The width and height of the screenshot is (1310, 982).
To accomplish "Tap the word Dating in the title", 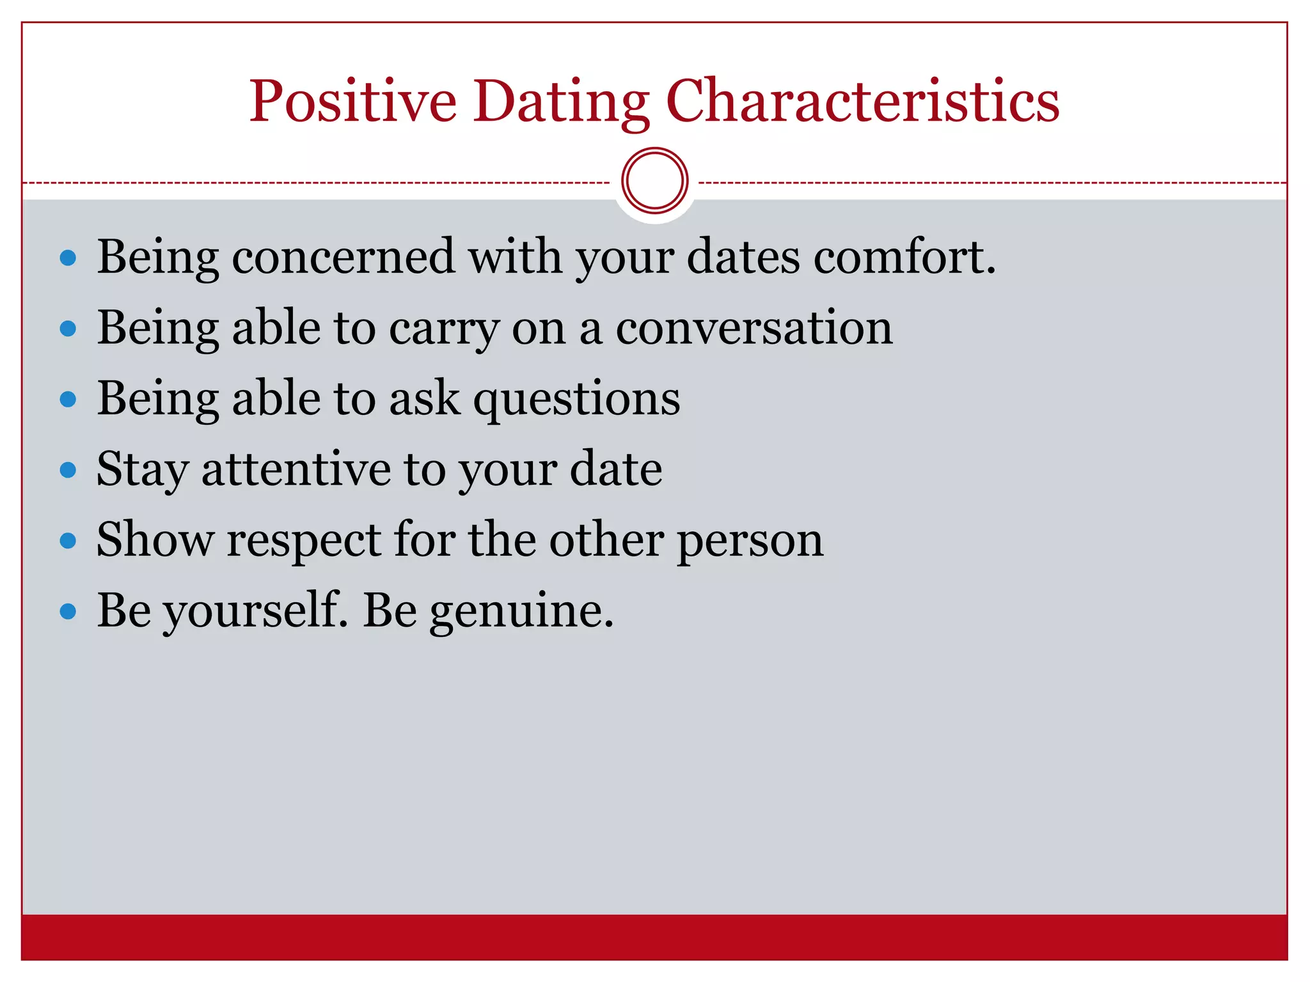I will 560,102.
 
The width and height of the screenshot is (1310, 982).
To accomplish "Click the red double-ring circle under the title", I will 654,181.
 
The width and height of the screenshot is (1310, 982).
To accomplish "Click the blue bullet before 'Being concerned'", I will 68,258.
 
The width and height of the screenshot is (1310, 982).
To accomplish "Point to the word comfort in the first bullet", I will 904,257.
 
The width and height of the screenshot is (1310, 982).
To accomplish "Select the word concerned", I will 343,257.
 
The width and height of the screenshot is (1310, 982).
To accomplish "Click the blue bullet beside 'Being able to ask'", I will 68,400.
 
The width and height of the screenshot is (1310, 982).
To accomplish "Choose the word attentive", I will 296,469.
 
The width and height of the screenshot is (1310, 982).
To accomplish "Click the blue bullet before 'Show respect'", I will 68,541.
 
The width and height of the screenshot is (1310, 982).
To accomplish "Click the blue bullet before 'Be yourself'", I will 68,612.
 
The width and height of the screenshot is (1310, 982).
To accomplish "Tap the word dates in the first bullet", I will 743,257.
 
